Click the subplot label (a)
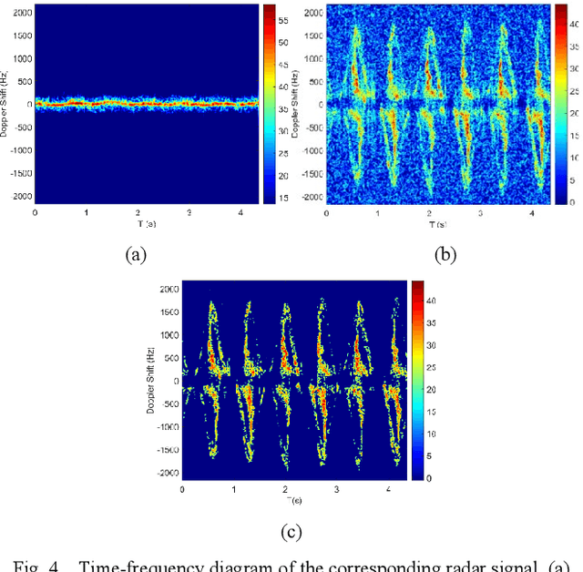(x=136, y=256)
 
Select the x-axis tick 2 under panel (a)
(x=138, y=212)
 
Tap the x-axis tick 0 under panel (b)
(x=329, y=212)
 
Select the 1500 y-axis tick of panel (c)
(x=166, y=312)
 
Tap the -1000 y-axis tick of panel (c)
(x=164, y=426)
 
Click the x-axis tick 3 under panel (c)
(x=336, y=489)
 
